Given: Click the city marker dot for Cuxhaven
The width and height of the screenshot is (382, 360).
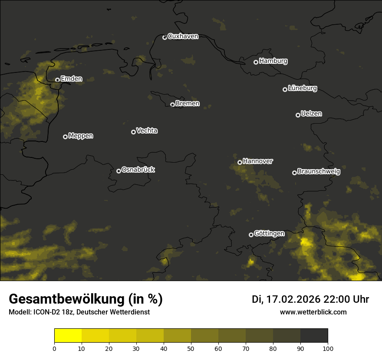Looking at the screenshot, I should point(165,37).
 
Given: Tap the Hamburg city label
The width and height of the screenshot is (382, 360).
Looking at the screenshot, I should point(273,61).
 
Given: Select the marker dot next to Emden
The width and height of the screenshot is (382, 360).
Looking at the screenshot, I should point(57,80).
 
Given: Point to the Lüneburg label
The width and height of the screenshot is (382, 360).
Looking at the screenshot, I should point(302,88).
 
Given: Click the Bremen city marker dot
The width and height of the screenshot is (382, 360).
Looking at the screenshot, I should point(172,105).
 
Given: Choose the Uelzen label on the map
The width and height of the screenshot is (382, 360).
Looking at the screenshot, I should point(311,114).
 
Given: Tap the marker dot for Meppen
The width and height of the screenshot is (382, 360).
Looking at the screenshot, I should point(65,137).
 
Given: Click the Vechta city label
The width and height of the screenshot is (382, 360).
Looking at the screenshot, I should point(147,131).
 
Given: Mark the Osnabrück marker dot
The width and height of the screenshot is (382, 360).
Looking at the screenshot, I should point(119,171).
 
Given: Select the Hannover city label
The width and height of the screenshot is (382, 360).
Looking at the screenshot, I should point(258,161).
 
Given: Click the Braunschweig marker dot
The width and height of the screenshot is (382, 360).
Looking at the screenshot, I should point(294,173).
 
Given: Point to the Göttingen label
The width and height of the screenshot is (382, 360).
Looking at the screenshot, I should point(269,234).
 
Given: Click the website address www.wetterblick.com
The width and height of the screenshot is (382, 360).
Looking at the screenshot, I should point(313,312).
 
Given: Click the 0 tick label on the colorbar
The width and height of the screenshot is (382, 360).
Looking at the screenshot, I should point(54,348).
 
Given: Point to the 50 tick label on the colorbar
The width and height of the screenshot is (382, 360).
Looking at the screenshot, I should point(191,348).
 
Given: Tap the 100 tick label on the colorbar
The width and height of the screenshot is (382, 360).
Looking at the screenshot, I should point(328,348).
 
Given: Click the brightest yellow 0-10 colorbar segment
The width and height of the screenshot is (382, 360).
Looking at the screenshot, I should point(68,336).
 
